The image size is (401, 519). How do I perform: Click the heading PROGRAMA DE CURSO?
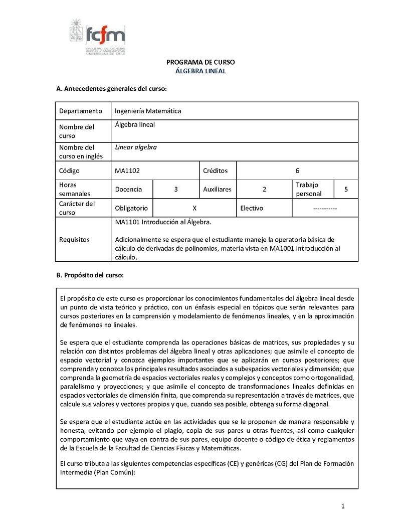coord(200,62)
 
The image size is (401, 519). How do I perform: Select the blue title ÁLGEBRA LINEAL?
coord(200,71)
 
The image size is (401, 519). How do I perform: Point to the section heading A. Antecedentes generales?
coord(111,89)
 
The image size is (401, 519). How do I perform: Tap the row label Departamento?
coord(80,111)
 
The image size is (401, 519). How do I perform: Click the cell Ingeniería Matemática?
coord(148,111)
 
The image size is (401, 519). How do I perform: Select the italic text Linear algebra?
coord(136,147)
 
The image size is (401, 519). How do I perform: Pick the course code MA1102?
coord(127,170)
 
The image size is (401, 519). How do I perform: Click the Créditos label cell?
coord(215,170)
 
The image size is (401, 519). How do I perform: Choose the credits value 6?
coord(297,170)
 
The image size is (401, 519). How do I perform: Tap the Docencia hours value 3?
coord(176,189)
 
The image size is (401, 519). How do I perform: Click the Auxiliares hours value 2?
coord(264,189)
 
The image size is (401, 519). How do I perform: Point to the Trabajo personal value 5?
coord(346,189)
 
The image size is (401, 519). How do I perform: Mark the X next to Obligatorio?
coord(194,208)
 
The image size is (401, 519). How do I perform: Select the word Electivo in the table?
coord(252,208)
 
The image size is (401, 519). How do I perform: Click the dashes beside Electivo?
coord(324,208)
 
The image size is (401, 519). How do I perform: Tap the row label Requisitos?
coord(74,239)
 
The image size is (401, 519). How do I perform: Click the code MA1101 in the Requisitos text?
coord(127,221)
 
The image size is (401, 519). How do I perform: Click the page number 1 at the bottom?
coord(343,505)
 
